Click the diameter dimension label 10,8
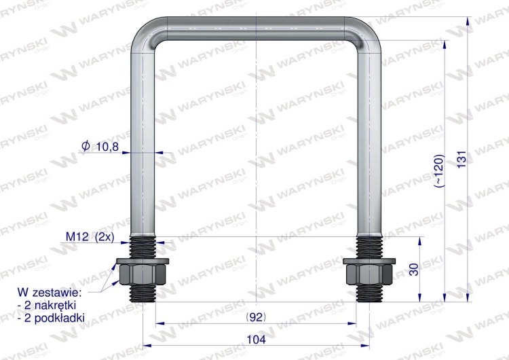(x=107, y=147)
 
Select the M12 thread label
(x=77, y=236)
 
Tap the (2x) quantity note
(x=105, y=237)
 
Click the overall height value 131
(x=461, y=159)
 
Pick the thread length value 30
(x=414, y=270)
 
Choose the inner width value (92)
(x=256, y=317)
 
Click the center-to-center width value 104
(x=256, y=340)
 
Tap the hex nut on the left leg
(x=143, y=274)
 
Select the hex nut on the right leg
(x=369, y=274)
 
